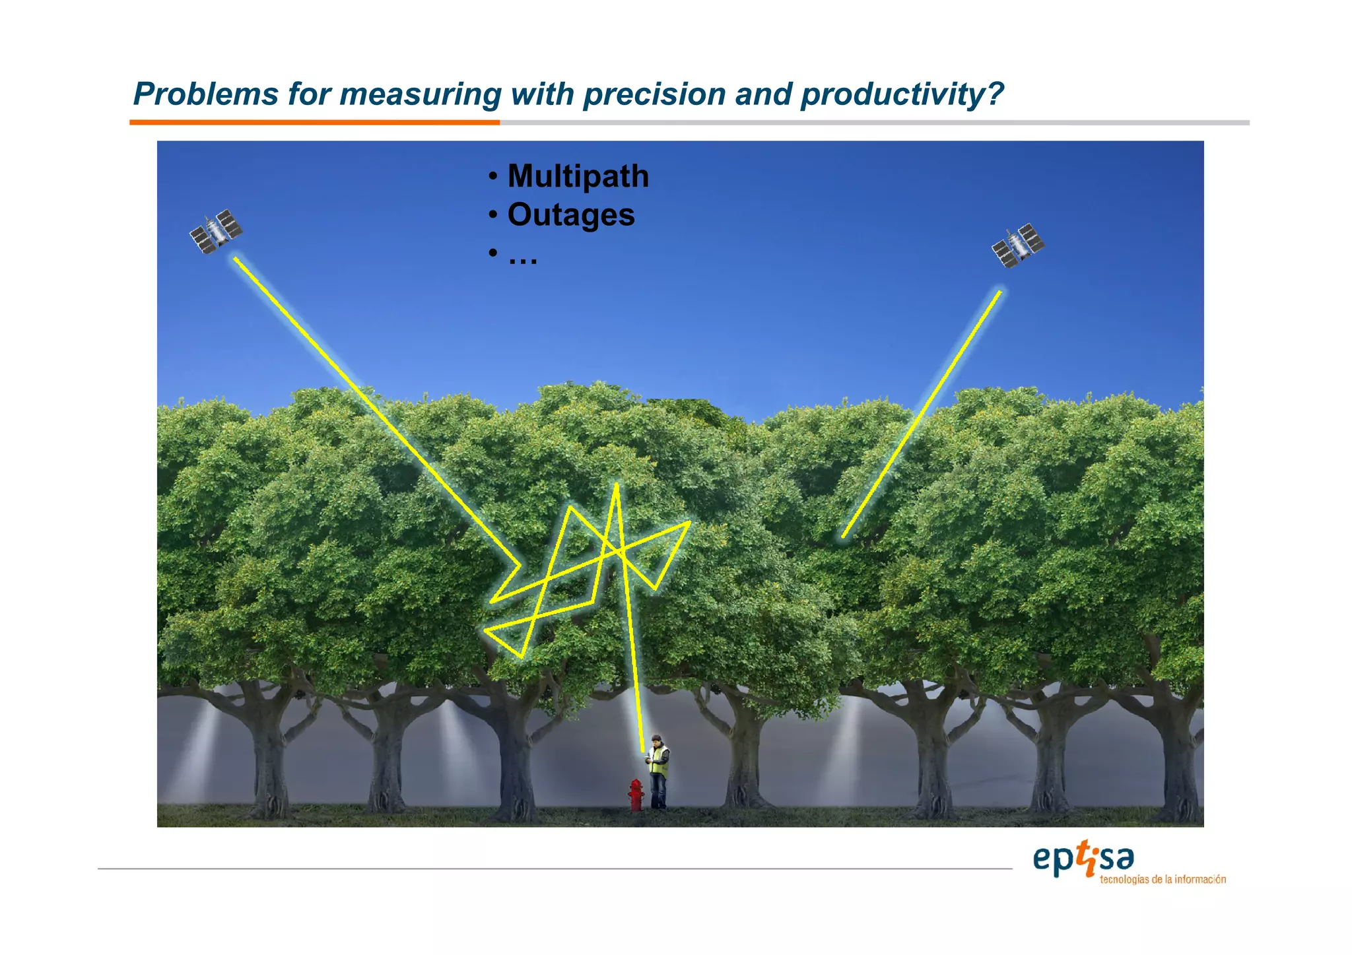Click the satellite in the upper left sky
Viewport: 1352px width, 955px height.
pyautogui.click(x=216, y=232)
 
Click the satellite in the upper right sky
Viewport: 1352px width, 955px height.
pyautogui.click(x=1017, y=246)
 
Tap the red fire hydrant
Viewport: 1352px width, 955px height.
pyautogui.click(x=636, y=795)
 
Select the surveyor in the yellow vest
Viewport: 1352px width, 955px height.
pyautogui.click(x=658, y=772)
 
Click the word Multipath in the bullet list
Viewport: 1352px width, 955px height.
pyautogui.click(x=578, y=176)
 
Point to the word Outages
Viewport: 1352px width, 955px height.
pyautogui.click(x=570, y=215)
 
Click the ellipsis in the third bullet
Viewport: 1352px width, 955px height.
pyautogui.click(x=522, y=257)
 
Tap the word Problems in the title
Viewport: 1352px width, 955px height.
pyautogui.click(x=205, y=94)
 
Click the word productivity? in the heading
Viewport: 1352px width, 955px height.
pyautogui.click(x=902, y=94)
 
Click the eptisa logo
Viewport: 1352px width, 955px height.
pyautogui.click(x=1083, y=860)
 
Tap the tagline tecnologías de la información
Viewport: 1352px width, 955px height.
pyautogui.click(x=1163, y=880)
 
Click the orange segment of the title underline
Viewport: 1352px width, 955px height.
pyautogui.click(x=314, y=122)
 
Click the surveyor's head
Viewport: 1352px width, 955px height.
pyautogui.click(x=656, y=740)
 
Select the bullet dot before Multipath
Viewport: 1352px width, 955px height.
pyautogui.click(x=492, y=176)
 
